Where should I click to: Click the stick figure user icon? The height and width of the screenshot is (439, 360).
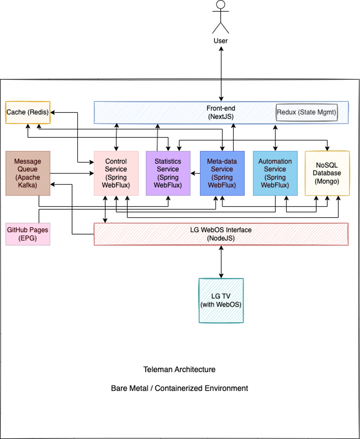click(221, 17)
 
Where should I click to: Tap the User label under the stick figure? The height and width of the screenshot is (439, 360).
click(221, 41)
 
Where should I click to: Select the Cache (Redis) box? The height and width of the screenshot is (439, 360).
click(28, 112)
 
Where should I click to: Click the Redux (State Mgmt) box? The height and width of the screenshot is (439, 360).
click(306, 112)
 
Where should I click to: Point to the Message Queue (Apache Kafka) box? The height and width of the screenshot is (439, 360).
click(28, 173)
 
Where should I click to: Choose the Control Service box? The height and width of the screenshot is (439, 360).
click(116, 173)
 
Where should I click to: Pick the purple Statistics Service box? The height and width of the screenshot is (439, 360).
click(168, 173)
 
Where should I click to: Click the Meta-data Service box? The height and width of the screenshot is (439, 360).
click(222, 173)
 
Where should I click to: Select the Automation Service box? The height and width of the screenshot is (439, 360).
click(275, 173)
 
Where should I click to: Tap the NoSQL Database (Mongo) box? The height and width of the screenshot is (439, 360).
click(327, 173)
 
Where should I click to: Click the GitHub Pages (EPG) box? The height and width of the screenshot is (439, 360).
click(28, 234)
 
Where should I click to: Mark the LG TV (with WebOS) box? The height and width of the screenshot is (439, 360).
click(221, 300)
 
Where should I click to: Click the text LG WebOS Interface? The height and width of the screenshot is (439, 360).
click(221, 230)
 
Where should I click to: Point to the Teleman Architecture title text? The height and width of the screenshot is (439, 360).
click(179, 370)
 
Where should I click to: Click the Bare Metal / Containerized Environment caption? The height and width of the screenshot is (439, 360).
click(179, 388)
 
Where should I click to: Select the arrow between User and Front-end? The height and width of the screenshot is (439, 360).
click(221, 73)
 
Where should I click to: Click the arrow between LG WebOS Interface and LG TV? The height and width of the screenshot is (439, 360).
click(221, 262)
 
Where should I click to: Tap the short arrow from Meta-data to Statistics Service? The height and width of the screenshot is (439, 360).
click(195, 173)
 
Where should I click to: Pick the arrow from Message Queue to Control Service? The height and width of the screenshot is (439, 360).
click(72, 173)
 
